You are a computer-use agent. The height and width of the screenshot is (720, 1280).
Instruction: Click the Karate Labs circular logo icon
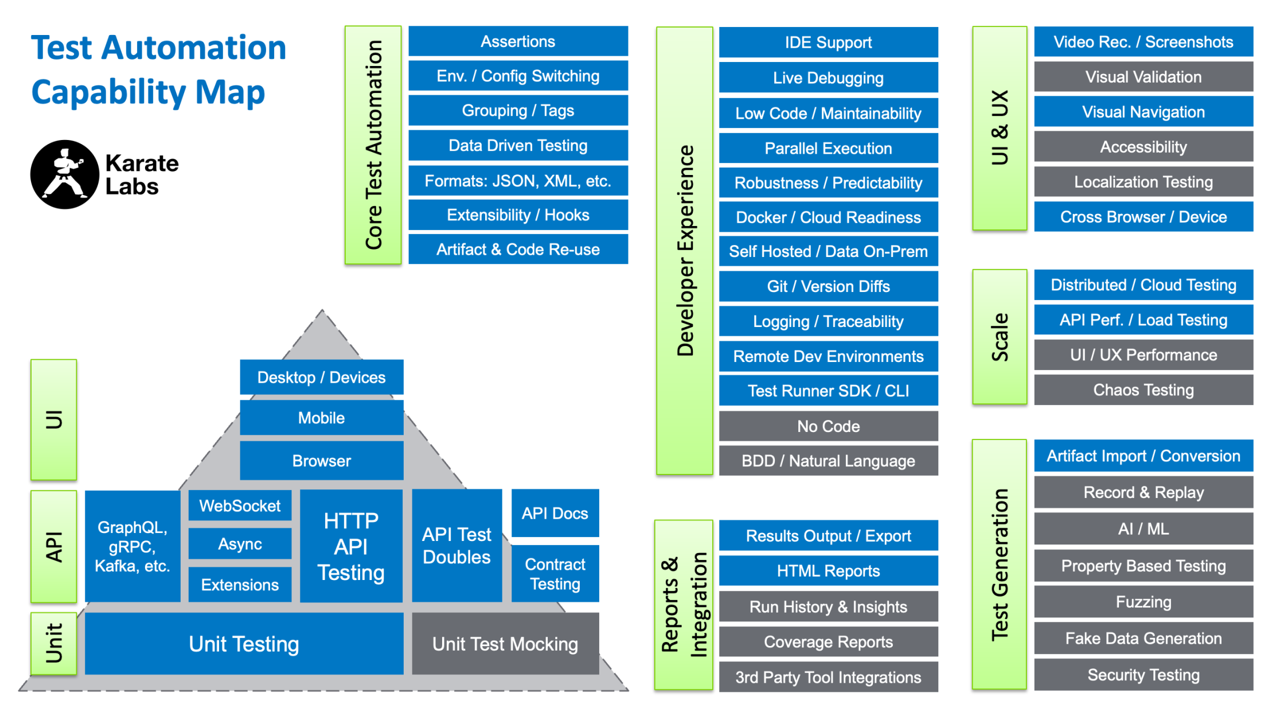[64, 174]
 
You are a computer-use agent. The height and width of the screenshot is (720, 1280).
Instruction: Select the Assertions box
[518, 41]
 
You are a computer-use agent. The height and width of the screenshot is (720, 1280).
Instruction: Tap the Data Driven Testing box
[518, 146]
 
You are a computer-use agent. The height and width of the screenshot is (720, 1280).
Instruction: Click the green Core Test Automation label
[373, 145]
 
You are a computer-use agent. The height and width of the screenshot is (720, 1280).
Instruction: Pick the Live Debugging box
[828, 78]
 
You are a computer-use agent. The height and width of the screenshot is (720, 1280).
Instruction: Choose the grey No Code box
[828, 426]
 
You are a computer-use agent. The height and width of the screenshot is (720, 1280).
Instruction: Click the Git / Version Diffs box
[828, 286]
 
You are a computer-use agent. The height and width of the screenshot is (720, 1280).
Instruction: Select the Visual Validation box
[1143, 77]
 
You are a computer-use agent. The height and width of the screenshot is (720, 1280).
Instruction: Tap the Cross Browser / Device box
[1143, 217]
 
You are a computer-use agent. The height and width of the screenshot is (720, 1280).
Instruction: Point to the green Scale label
[1000, 337]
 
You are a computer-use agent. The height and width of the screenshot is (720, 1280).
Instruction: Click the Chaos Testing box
[1143, 390]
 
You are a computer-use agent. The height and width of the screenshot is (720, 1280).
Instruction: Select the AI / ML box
[1143, 528]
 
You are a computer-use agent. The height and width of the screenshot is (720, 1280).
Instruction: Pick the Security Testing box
[1143, 675]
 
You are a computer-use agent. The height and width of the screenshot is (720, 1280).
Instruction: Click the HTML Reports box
[828, 571]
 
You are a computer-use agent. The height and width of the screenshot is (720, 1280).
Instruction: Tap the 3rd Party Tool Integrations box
[828, 678]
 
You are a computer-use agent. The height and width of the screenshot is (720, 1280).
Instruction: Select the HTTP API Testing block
[351, 546]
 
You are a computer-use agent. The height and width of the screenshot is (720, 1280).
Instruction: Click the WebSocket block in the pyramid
[240, 505]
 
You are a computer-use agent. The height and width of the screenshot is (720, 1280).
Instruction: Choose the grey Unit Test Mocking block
[505, 644]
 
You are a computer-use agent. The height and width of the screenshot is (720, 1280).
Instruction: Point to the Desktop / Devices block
[321, 377]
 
